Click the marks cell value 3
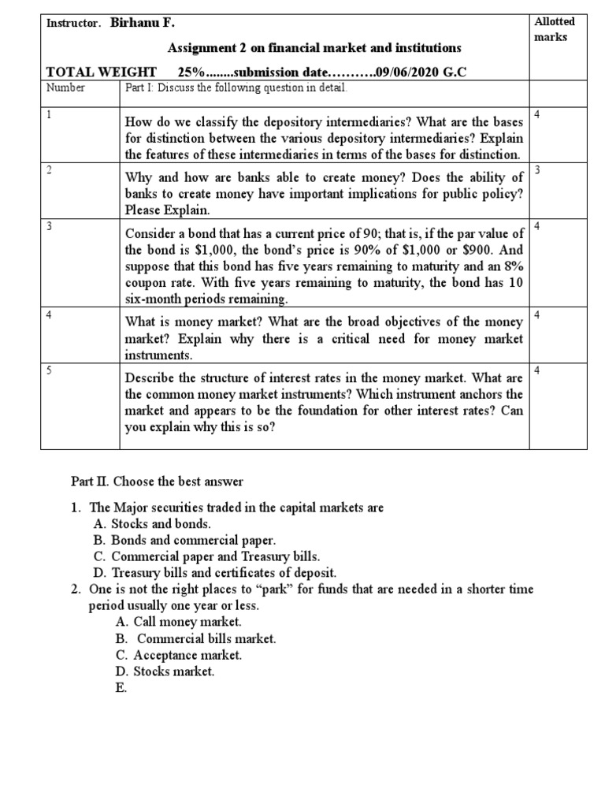(536, 170)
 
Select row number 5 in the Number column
(49, 369)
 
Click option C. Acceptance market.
(178, 655)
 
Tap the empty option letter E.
(120, 688)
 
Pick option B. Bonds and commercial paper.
(184, 540)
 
